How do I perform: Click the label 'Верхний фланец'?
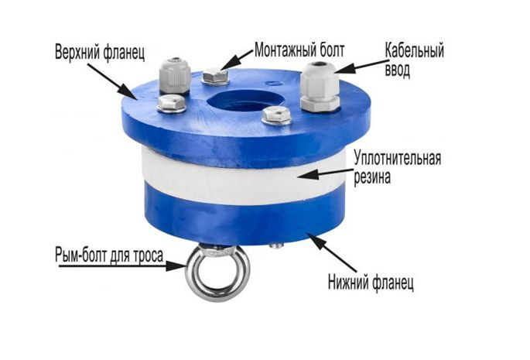point(100,53)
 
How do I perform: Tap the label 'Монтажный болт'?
point(299,50)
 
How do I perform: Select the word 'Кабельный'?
point(414,51)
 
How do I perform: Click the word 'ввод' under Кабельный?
point(398,70)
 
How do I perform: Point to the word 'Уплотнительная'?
point(398,159)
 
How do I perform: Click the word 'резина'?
point(372,177)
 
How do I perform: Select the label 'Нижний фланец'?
point(371,282)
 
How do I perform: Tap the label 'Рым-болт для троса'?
point(109,255)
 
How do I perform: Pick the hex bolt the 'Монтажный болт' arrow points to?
point(216,77)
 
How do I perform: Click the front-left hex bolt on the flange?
point(171,103)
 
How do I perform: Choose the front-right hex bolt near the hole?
point(276,115)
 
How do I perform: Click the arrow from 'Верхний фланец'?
point(113,81)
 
